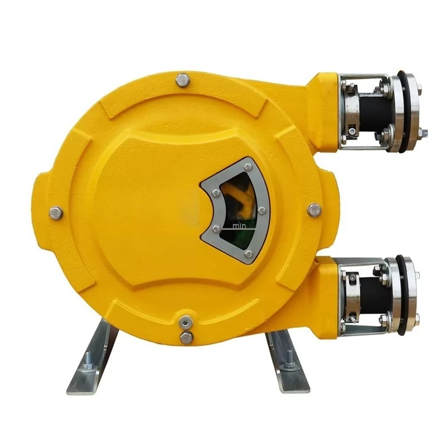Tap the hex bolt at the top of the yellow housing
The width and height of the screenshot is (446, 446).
pyautogui.click(x=183, y=80)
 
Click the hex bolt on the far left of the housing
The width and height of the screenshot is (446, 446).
pyautogui.click(x=56, y=212)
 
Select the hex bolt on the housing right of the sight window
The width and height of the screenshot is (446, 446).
pyautogui.click(x=314, y=210)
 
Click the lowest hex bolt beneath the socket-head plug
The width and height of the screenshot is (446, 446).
pyautogui.click(x=186, y=337)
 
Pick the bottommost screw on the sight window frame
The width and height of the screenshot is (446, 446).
pyautogui.click(x=248, y=254)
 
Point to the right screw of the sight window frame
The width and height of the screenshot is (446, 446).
pyautogui.click(x=261, y=210)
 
